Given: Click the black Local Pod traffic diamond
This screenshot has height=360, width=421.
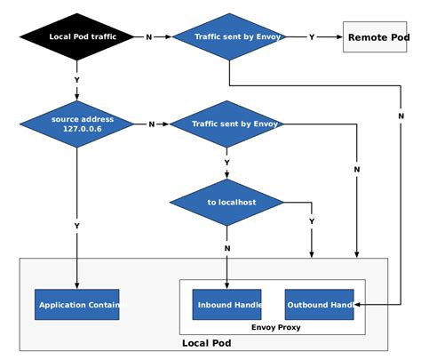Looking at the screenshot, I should point(76,36).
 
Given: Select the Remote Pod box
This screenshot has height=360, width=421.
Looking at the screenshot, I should point(374,36).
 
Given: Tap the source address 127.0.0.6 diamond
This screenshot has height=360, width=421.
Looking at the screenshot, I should point(76,124).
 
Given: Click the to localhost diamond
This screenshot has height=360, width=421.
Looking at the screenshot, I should point(226,202).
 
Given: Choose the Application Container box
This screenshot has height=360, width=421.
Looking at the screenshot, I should point(76,305).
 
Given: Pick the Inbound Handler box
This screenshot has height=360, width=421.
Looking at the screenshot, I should point(227,305).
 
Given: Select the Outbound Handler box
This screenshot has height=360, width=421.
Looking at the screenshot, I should point(319,305).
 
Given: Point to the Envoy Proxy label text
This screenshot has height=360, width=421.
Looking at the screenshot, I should point(275,327).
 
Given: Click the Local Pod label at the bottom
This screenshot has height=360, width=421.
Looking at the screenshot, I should point(207,343).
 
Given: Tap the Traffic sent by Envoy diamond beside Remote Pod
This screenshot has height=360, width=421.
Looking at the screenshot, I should point(228,36).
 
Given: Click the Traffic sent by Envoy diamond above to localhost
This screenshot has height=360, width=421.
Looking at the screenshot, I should point(226,124).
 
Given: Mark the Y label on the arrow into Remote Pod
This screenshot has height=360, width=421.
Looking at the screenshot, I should point(311,36).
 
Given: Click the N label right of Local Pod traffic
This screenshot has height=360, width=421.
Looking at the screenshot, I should point(148,36).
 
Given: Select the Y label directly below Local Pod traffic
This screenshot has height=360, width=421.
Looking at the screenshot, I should point(76,80).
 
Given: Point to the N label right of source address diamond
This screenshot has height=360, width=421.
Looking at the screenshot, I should point(151,124).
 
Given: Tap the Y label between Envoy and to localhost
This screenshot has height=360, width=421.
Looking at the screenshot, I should point(226,163).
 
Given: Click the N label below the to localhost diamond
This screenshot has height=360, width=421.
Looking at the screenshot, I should point(227,248).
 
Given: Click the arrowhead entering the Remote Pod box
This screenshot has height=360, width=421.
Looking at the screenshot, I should point(339,36).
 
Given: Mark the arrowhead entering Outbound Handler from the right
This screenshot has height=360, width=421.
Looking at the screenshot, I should point(357,305).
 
